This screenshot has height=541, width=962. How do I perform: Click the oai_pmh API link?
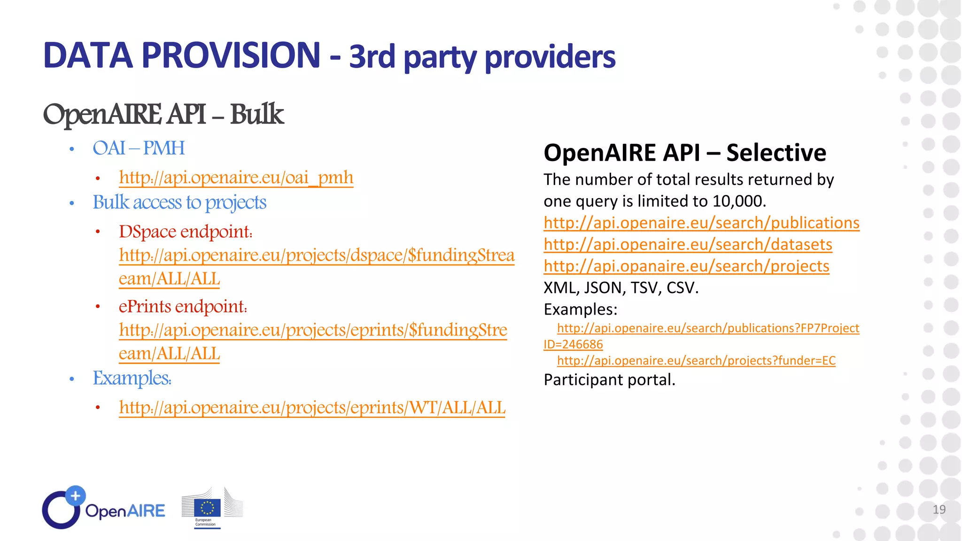coord(236,178)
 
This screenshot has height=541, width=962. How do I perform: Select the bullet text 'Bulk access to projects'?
coord(179,202)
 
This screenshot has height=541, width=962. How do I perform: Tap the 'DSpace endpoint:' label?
coord(186,232)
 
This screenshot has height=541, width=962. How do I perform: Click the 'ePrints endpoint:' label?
coord(183,306)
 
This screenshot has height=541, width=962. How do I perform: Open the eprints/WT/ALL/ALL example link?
coord(312,407)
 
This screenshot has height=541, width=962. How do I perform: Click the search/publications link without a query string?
coord(701,223)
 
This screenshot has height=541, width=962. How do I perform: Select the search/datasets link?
coord(688,244)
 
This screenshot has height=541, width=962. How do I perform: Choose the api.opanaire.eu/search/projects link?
coord(686,266)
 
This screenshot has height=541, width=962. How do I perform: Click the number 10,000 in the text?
coord(737,201)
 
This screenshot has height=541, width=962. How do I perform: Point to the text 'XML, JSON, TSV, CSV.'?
coord(621,287)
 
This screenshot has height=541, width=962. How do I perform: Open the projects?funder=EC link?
coord(696,360)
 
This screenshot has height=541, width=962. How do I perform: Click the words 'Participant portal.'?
coord(609,379)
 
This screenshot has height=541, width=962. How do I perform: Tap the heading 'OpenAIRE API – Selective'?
coord(684,153)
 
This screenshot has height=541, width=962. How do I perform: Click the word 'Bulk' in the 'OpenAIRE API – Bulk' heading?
coord(256,114)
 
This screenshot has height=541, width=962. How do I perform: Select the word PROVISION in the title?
coord(231,55)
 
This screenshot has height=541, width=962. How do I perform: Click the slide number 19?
coord(939,510)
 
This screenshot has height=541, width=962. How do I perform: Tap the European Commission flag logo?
coord(207,508)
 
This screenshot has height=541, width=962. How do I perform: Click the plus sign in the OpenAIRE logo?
coord(75,495)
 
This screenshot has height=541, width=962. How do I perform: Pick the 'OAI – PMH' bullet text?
coord(139,148)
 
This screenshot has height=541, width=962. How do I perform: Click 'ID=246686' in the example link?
coord(573,344)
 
